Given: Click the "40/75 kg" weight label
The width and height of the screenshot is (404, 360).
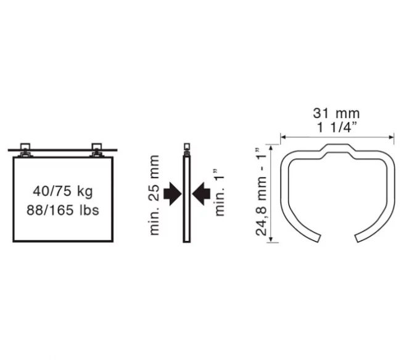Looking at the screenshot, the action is click(63, 191).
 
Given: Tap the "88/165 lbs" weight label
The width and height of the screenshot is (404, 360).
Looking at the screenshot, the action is click(63, 210).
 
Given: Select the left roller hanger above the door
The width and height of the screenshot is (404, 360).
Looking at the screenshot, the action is click(25, 150).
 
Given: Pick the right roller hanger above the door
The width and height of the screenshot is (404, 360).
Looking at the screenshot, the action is click(97, 150).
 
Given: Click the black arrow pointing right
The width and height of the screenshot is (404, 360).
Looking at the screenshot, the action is click(173, 194).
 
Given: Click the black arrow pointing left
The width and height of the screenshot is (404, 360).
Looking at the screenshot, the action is click(201, 194).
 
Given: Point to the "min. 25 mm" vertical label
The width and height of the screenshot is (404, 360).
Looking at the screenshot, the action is click(154, 195).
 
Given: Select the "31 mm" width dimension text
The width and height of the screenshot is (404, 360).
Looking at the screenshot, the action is click(336, 113).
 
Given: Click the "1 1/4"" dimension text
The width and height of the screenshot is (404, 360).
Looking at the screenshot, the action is click(337, 127).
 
